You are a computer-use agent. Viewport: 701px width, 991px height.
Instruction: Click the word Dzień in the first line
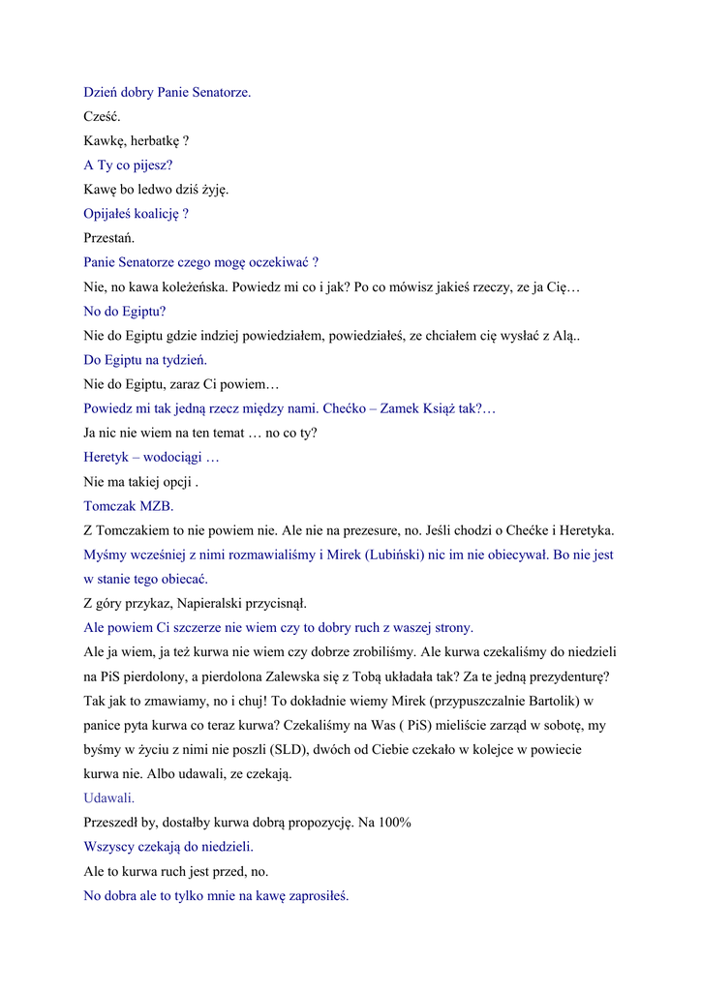point(101,93)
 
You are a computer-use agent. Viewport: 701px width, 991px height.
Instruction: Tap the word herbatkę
point(155,141)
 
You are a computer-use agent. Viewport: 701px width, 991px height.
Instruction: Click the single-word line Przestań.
point(109,238)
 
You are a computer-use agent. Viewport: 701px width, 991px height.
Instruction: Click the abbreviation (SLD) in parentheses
point(275,750)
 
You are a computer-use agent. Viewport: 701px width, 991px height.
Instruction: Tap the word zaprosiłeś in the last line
point(316,896)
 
